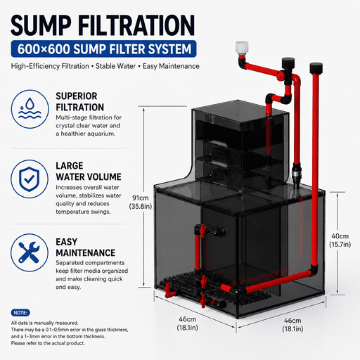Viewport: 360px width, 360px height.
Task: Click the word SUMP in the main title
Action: (x=41, y=25)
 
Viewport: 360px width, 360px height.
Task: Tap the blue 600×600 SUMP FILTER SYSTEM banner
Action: (x=103, y=49)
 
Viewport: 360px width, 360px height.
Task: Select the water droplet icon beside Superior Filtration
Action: (x=30, y=109)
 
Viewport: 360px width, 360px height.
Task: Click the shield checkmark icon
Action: (x=30, y=179)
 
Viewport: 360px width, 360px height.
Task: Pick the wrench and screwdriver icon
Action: (x=30, y=252)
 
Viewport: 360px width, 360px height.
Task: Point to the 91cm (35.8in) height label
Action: (x=141, y=202)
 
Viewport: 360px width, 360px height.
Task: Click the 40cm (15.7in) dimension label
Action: (x=340, y=240)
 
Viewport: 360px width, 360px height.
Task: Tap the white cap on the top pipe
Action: (x=242, y=48)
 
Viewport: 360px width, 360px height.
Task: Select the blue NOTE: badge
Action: (x=20, y=313)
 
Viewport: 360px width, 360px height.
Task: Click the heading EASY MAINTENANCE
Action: (x=85, y=247)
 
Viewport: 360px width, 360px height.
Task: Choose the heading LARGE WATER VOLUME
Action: (x=89, y=172)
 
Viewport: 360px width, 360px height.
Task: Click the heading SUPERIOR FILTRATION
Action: (x=79, y=102)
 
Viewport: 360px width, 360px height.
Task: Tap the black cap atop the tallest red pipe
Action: (x=316, y=67)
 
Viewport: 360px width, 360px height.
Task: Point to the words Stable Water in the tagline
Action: (x=115, y=66)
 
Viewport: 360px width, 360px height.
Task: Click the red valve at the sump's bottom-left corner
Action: (x=168, y=290)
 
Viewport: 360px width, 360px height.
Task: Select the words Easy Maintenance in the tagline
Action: (x=171, y=66)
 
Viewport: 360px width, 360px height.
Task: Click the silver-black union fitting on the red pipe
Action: (x=296, y=174)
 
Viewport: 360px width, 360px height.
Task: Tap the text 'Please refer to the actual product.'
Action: (x=48, y=343)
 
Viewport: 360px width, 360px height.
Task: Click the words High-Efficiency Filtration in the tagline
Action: (x=50, y=66)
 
